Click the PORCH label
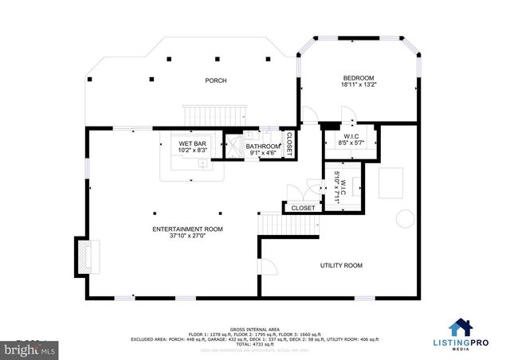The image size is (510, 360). pos(215,80)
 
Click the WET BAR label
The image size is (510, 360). pos(192,143)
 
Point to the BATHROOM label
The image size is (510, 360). pos(262,147)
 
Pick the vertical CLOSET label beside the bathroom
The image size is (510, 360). pos(289,143)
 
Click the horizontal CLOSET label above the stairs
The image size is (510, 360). pos(303,208)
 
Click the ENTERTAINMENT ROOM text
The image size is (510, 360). pos(188,229)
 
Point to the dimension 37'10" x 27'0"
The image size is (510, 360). pos(188,237)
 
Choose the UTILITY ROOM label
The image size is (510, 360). pos(341,265)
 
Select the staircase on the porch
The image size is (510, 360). pos(212,115)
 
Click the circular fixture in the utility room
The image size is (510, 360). pos(405,219)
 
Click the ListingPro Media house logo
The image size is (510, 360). pos(460,327)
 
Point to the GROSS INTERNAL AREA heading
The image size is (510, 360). pos(255,328)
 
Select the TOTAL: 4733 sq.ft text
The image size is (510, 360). pos(255,343)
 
